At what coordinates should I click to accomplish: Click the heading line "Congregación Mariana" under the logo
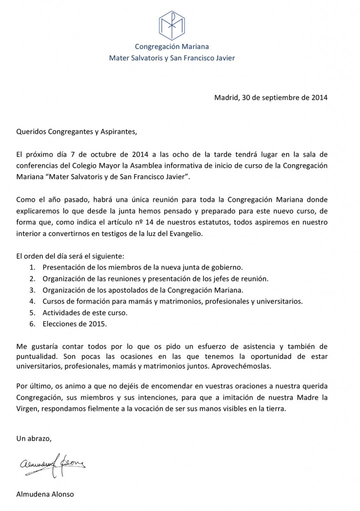coord(172,47)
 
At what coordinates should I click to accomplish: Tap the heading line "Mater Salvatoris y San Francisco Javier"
coord(172,58)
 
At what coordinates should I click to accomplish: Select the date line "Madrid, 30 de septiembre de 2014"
coord(271,97)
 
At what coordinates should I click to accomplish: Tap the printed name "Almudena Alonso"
coord(45,494)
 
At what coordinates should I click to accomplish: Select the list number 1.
coord(32,267)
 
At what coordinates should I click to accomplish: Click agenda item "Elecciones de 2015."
coord(75,324)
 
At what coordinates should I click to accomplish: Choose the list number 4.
coord(32,301)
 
